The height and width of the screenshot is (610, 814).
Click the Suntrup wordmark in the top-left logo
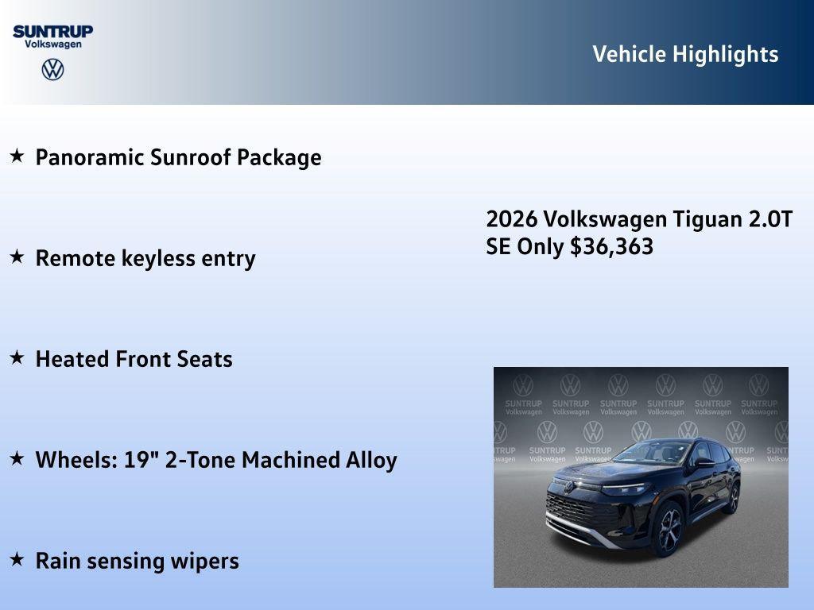pyautogui.click(x=52, y=31)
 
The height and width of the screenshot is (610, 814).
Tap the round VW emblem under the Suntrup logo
pyautogui.click(x=52, y=69)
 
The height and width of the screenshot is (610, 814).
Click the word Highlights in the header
pyautogui.click(x=725, y=54)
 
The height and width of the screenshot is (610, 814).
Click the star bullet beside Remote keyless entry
pyautogui.click(x=17, y=257)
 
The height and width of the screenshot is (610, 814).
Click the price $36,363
pyautogui.click(x=611, y=246)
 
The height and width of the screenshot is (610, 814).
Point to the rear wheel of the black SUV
pyautogui.click(x=731, y=497)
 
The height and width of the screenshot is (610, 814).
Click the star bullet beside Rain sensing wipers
pyautogui.click(x=17, y=559)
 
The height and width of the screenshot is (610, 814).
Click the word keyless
pyautogui.click(x=161, y=258)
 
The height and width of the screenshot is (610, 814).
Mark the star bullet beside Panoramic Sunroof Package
pyautogui.click(x=17, y=156)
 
